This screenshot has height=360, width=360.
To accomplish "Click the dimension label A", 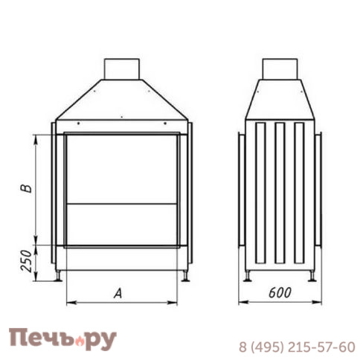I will (x=117, y=294).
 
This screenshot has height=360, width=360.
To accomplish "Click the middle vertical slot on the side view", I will (x=280, y=192).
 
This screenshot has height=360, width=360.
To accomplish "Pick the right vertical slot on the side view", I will (x=299, y=192).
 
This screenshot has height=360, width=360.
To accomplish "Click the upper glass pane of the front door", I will (x=122, y=167).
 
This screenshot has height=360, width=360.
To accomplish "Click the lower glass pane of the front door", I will (x=122, y=222).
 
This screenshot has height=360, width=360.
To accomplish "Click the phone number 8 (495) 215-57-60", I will (x=296, y=346).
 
